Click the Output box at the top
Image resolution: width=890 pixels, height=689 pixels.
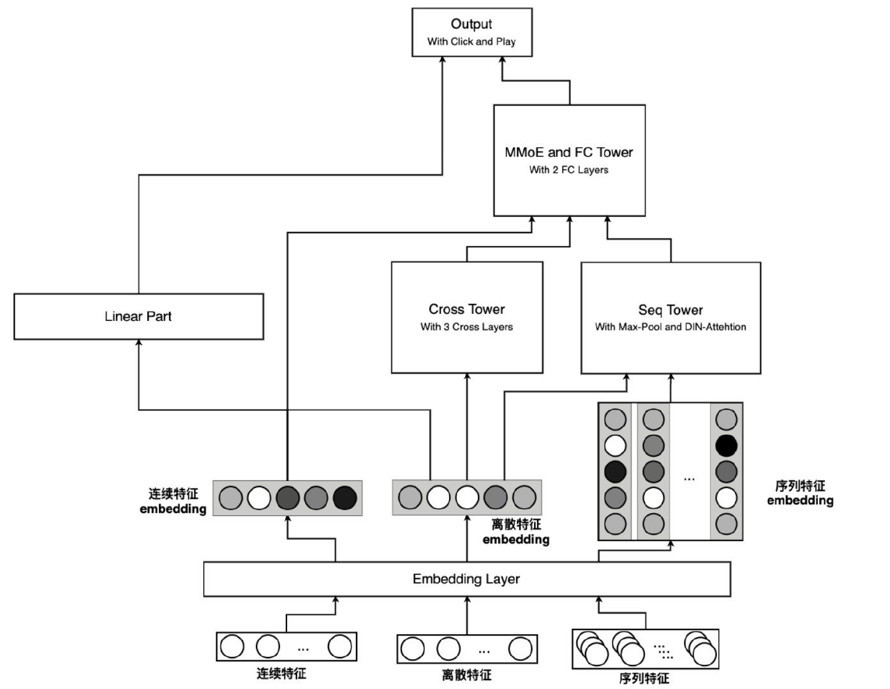pyautogui.click(x=471, y=32)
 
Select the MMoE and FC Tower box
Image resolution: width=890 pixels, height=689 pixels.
pyautogui.click(x=569, y=160)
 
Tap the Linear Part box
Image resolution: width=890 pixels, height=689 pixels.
pyautogui.click(x=138, y=316)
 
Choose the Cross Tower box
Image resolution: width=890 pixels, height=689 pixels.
pyautogui.click(x=466, y=317)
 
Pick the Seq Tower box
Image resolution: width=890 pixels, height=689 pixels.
pyautogui.click(x=671, y=318)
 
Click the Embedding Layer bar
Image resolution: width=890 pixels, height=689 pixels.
pyautogui.click(x=466, y=579)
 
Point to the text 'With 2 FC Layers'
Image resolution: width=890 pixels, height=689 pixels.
pyautogui.click(x=568, y=170)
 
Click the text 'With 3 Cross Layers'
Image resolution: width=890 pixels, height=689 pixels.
pyautogui.click(x=466, y=327)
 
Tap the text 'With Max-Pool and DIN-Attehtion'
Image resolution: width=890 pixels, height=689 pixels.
pyautogui.click(x=671, y=327)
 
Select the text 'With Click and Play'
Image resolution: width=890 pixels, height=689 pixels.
pyautogui.click(x=471, y=42)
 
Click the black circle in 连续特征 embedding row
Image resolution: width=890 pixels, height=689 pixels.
pyautogui.click(x=345, y=498)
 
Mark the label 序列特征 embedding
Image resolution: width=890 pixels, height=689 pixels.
pyautogui.click(x=800, y=493)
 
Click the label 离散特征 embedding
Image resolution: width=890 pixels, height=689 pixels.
pyautogui.click(x=516, y=532)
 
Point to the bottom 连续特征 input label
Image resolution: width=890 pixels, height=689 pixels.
pyautogui.click(x=281, y=673)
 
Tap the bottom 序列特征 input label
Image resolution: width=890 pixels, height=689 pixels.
pyautogui.click(x=644, y=678)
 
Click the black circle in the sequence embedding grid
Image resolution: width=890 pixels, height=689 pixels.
pyautogui.click(x=726, y=445)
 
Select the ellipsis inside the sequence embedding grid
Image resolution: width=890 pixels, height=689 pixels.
pyautogui.click(x=689, y=478)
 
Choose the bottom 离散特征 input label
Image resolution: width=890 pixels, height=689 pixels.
pyautogui.click(x=466, y=675)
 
